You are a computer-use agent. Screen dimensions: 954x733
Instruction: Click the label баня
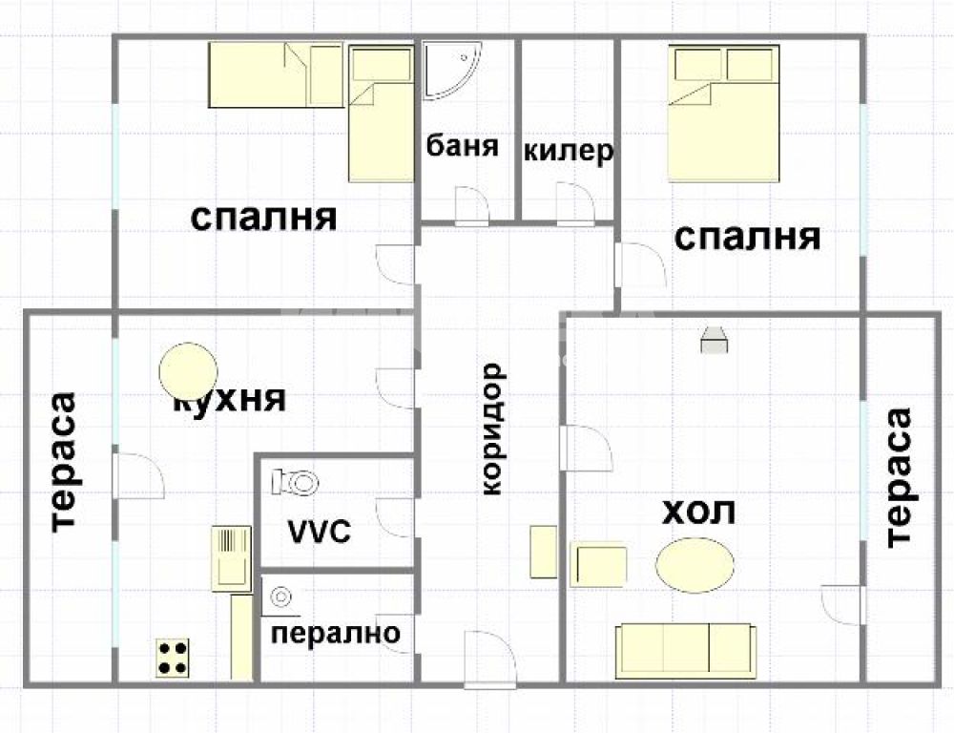pos(462,146)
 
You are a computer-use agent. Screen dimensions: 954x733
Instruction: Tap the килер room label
pos(569,151)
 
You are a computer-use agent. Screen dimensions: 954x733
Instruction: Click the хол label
pos(698,512)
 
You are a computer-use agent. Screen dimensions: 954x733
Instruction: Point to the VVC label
pos(319,532)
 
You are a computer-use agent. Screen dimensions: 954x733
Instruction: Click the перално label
pos(335,634)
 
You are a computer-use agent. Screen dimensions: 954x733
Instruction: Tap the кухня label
pos(230,400)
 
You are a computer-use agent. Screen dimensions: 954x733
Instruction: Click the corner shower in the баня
pos(452,70)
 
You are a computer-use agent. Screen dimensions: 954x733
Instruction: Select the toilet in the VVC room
pos(296,482)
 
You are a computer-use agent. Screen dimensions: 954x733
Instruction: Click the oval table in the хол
pos(695,564)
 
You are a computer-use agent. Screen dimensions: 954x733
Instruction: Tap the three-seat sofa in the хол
pos(686,651)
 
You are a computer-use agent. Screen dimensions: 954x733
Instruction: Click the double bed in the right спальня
pos(723,114)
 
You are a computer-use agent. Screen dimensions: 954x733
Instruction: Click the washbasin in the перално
pos(280,597)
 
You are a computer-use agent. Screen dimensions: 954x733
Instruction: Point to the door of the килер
pos(575,205)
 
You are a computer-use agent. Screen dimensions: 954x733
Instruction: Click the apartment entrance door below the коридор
pos(489,660)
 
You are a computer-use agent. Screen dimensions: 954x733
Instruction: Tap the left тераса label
pos(63,463)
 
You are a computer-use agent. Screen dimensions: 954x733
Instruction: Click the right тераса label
pos(900,478)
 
